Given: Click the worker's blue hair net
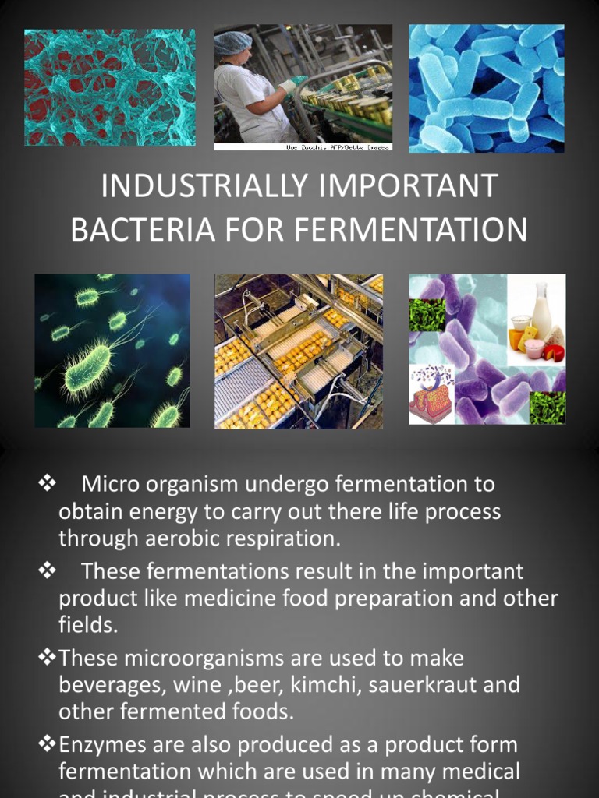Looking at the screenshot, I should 233,42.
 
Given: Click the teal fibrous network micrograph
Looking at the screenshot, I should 109,87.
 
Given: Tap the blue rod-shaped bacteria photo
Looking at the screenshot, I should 486,88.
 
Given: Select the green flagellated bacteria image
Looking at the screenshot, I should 112,351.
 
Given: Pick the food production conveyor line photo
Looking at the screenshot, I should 299,351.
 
